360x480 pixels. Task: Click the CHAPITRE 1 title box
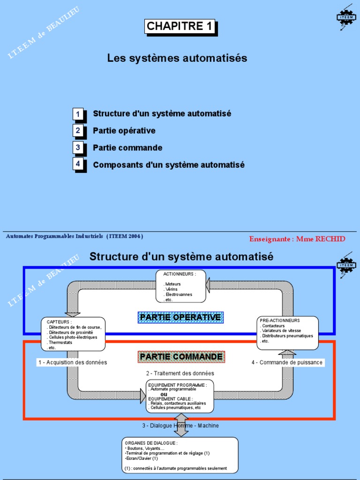[x=180, y=27]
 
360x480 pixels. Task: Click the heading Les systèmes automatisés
[x=177, y=58]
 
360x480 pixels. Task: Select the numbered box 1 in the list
[x=79, y=114]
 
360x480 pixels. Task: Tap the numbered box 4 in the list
[x=79, y=165]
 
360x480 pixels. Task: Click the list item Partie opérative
[x=124, y=131]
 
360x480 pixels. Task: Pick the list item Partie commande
[x=127, y=148]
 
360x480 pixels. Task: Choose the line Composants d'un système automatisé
[x=168, y=165]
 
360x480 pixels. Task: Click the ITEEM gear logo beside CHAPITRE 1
[x=346, y=17]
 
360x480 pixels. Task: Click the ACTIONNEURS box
[x=181, y=286]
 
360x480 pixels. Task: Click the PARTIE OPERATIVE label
[x=180, y=317]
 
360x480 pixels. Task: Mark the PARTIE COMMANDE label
[x=181, y=357]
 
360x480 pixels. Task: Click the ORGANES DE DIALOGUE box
[x=180, y=455]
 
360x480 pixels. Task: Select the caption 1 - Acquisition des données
[x=72, y=362]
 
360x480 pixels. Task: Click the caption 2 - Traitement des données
[x=180, y=373]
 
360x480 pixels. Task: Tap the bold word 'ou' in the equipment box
[x=164, y=394]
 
